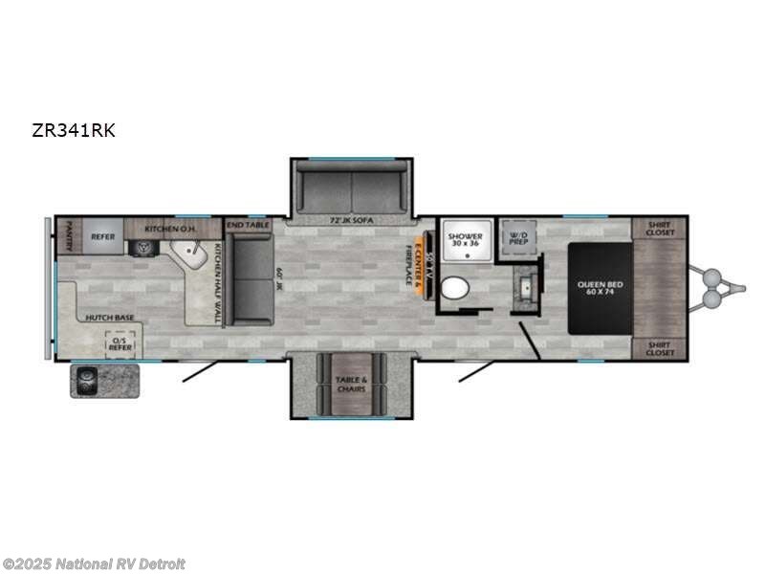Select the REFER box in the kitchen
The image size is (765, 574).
[102, 236]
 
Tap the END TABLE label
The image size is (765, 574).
[248, 224]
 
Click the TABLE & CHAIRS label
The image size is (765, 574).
[352, 384]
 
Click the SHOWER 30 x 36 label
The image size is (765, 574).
[466, 238]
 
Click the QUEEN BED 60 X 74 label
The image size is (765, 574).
[600, 287]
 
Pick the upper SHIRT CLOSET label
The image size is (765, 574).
[660, 229]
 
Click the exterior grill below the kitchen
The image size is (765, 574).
[103, 380]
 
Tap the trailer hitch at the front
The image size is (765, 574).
[717, 287]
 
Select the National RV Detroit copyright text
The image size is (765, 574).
[94, 563]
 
